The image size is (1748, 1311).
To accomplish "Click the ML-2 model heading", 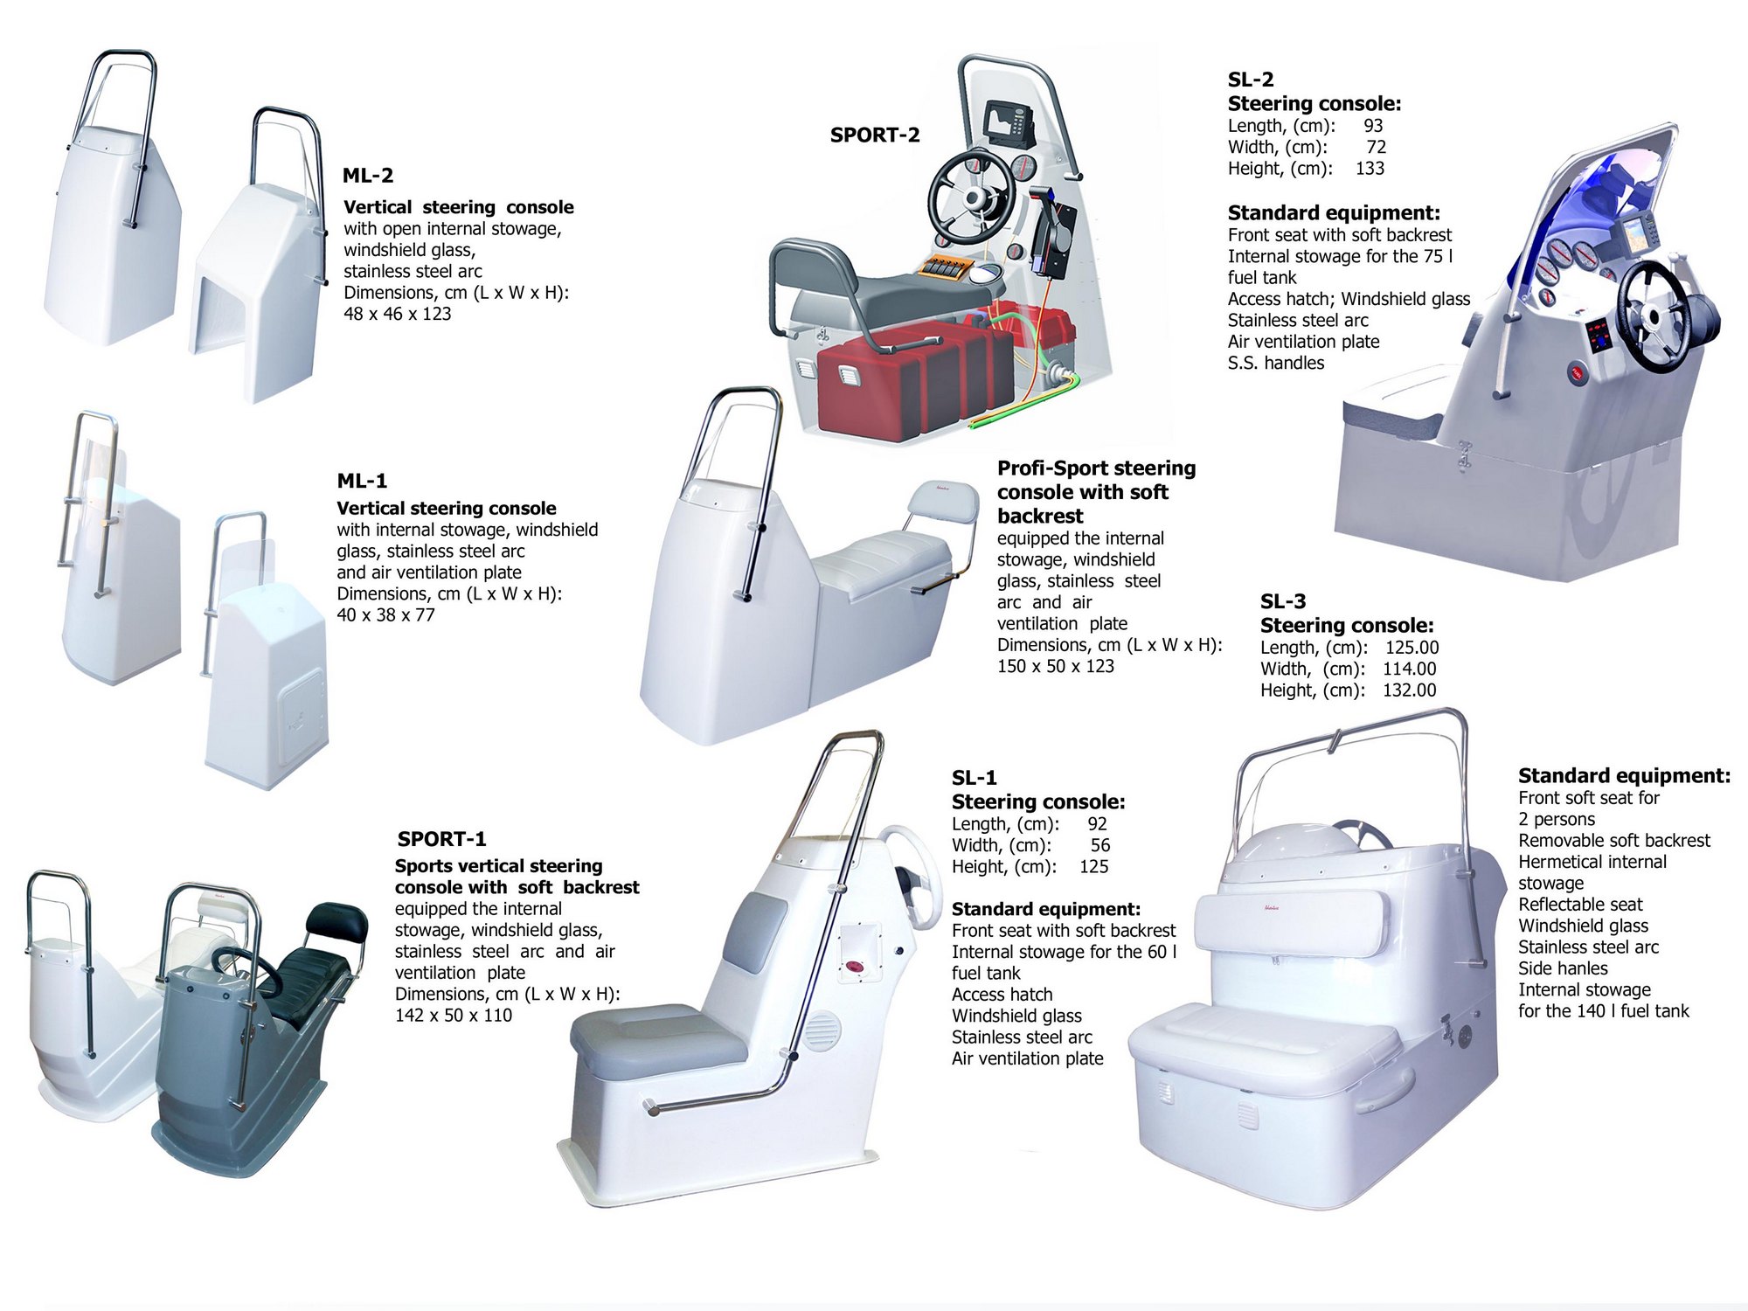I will click(x=368, y=176).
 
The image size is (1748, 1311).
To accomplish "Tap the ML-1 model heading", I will click(x=362, y=481).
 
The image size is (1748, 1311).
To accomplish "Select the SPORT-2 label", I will click(x=875, y=135).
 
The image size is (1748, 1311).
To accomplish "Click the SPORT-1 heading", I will click(x=441, y=839).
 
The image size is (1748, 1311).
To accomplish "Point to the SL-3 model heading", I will click(x=1283, y=601).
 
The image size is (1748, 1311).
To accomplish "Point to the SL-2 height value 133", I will click(x=1370, y=169).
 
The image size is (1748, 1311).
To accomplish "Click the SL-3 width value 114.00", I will click(x=1409, y=669).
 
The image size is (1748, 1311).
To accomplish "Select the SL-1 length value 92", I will click(x=1097, y=824).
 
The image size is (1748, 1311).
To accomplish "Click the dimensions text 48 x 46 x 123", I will click(x=398, y=314).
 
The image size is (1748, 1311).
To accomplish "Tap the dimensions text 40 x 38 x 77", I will click(x=385, y=615).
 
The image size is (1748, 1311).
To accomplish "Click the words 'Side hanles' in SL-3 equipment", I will click(x=1563, y=968).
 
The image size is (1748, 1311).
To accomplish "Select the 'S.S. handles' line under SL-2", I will click(x=1276, y=364).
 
